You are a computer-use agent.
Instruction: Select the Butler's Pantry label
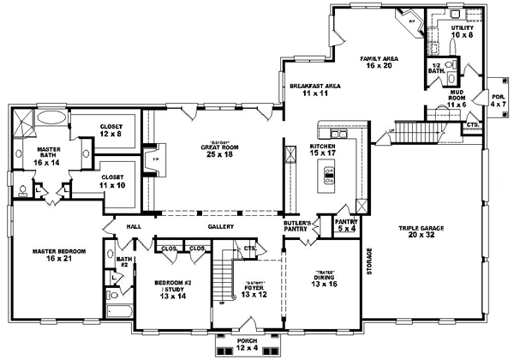(x=296, y=226)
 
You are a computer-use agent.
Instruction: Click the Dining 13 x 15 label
(x=324, y=279)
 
